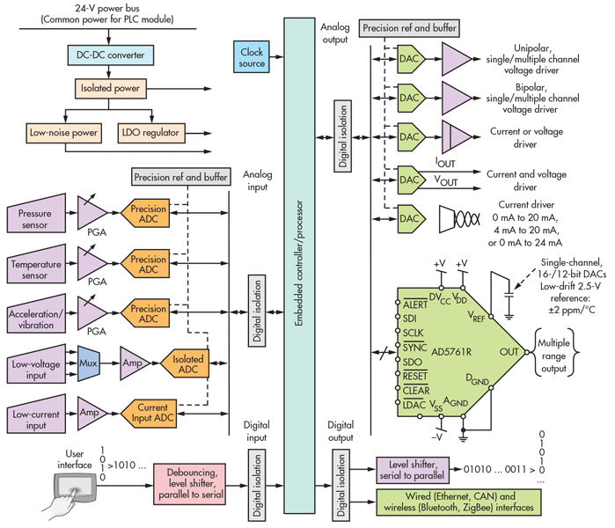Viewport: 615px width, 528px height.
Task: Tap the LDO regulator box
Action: point(150,134)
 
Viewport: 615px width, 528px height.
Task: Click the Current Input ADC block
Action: point(158,411)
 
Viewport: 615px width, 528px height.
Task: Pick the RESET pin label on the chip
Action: point(414,375)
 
